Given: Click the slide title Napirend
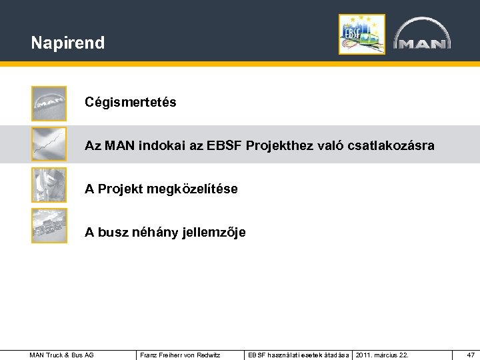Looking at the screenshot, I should click(x=67, y=43).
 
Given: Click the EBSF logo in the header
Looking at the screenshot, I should click(x=361, y=34).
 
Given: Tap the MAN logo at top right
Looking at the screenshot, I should click(x=421, y=35).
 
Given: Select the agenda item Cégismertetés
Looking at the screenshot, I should click(x=130, y=103).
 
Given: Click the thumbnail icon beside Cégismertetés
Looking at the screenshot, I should click(x=49, y=103).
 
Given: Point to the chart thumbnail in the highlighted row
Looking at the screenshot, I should click(x=49, y=144).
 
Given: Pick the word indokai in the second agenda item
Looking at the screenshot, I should click(x=155, y=145).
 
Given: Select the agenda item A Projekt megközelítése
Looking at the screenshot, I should click(x=161, y=189).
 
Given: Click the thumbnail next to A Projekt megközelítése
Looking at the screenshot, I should click(x=49, y=185).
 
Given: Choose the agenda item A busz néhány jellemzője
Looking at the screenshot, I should click(x=165, y=233).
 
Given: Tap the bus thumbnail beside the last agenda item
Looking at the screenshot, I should click(x=49, y=225).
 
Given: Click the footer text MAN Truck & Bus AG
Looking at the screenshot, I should click(x=62, y=355).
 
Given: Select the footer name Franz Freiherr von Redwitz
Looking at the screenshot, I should click(x=180, y=355).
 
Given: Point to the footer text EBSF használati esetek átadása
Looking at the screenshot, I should click(x=298, y=355).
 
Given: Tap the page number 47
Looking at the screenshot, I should click(x=471, y=355).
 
